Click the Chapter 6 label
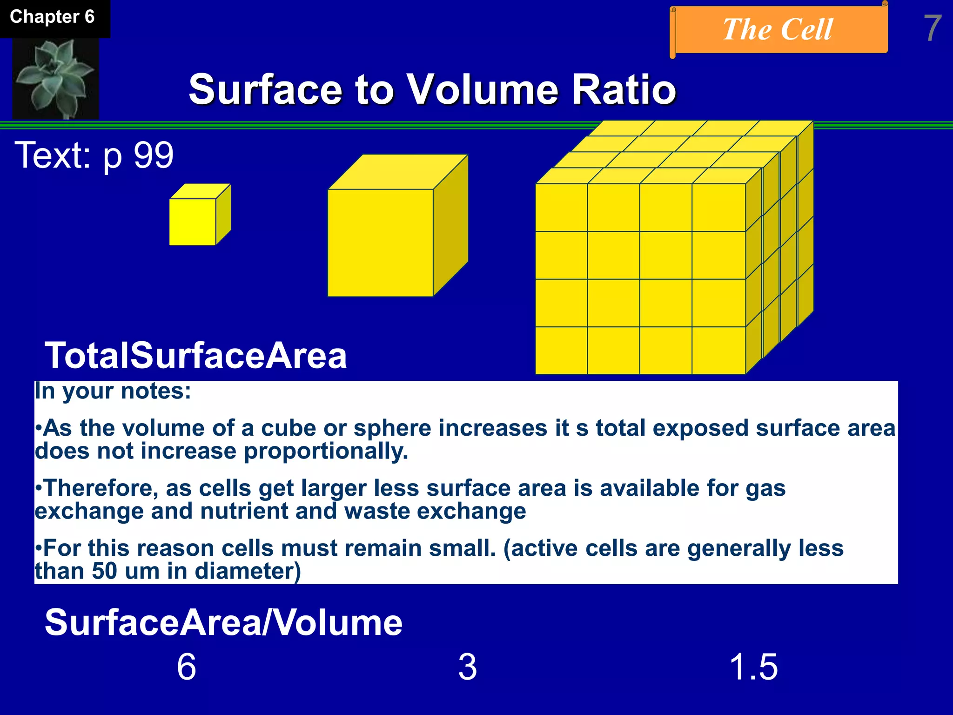point(52,17)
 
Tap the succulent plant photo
point(55,78)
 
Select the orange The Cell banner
point(778,30)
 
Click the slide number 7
point(932,29)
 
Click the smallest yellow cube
point(193,221)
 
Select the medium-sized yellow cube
point(381,242)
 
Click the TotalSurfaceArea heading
point(195,356)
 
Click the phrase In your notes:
point(113,391)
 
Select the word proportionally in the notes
point(326,451)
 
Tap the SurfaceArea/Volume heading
point(223,623)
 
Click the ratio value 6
point(187,667)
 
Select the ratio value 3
point(468,667)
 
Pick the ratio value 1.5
point(753,667)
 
